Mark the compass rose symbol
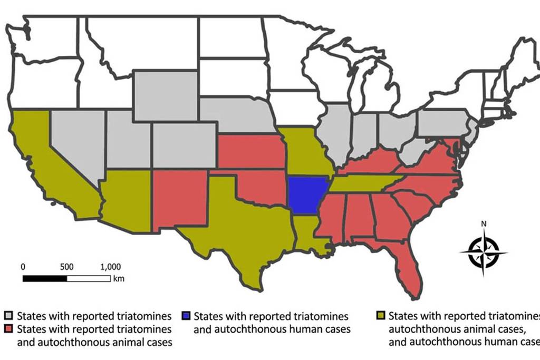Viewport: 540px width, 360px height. [484, 252]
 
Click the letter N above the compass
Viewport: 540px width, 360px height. [484, 223]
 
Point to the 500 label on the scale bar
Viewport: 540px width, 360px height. [66, 266]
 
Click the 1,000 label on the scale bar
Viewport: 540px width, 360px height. [110, 266]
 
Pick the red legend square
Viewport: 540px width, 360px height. [9, 329]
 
